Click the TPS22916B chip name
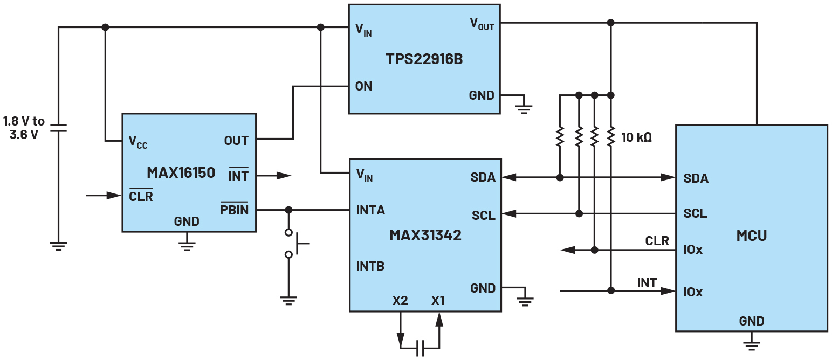click(x=424, y=59)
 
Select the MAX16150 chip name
click(x=181, y=172)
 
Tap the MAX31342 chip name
click(x=425, y=235)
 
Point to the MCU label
click(x=751, y=236)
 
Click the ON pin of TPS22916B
click(x=363, y=86)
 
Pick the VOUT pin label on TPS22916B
click(x=482, y=24)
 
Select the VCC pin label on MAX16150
click(x=138, y=142)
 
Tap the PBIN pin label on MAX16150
click(x=235, y=209)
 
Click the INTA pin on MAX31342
click(x=370, y=210)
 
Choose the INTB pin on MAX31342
click(x=370, y=266)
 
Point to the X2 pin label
click(x=400, y=301)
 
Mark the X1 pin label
click(x=438, y=301)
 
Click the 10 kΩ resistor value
click(x=637, y=137)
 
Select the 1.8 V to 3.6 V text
click(x=24, y=128)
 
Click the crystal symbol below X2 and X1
click(x=420, y=348)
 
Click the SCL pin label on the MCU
click(x=695, y=214)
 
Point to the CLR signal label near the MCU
click(x=657, y=241)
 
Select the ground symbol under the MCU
click(x=751, y=343)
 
